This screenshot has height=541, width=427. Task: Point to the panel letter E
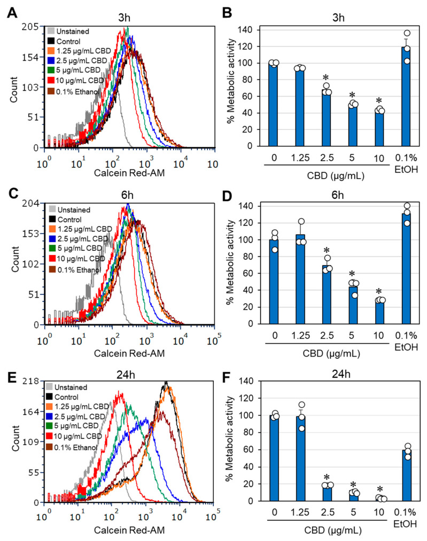[11, 370]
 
